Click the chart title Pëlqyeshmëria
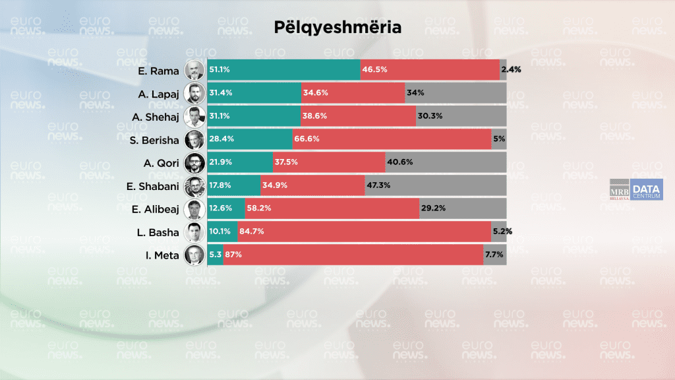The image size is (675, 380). pyautogui.click(x=337, y=28)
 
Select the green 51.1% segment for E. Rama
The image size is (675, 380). pyautogui.click(x=284, y=69)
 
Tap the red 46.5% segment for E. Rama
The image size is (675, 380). pyautogui.click(x=430, y=69)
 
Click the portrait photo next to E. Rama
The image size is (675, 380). pyautogui.click(x=194, y=69)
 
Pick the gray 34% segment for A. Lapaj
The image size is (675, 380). pyautogui.click(x=455, y=93)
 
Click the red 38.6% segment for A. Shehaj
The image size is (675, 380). pyautogui.click(x=358, y=116)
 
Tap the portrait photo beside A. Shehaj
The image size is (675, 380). pyautogui.click(x=194, y=116)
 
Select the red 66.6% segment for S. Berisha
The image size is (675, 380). pyautogui.click(x=392, y=139)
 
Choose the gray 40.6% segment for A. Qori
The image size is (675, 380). pyautogui.click(x=446, y=162)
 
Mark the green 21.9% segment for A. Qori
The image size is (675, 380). pyautogui.click(x=240, y=162)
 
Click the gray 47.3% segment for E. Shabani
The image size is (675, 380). pyautogui.click(x=435, y=185)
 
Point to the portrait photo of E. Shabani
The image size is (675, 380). pyautogui.click(x=194, y=185)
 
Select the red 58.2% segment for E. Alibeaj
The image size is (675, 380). pyautogui.click(x=332, y=208)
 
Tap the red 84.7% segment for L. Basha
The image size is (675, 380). pyautogui.click(x=365, y=232)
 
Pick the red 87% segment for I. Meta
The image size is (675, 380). pyautogui.click(x=353, y=255)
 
